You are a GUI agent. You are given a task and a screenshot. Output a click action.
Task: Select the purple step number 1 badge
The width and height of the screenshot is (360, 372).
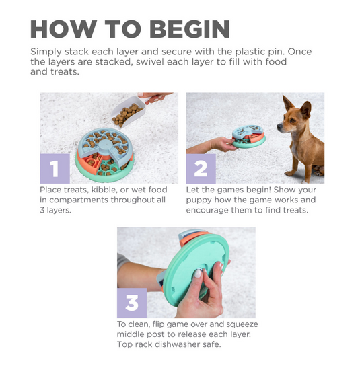click(55, 168)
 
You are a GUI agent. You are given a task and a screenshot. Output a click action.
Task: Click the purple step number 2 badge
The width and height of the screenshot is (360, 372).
click(201, 168)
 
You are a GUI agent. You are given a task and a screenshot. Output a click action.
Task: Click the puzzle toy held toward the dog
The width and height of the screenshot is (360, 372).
click(249, 137)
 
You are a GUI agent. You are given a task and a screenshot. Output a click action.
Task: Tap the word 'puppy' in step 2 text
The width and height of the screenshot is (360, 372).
click(203, 200)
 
